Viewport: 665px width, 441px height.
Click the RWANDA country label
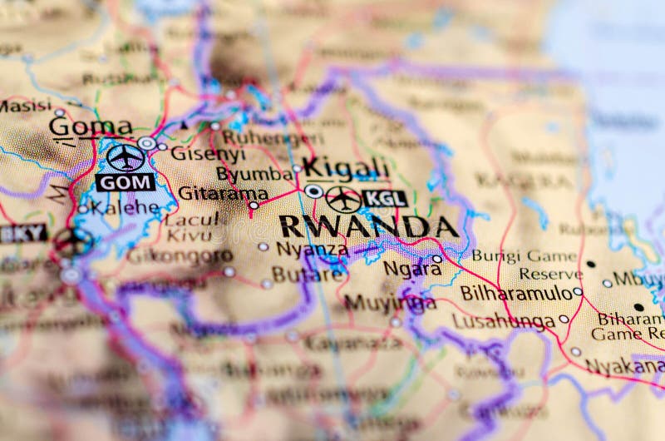[x=368, y=226]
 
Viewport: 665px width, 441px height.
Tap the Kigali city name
[x=345, y=167]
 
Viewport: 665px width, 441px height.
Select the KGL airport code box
[x=385, y=199]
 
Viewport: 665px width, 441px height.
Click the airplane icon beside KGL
[x=343, y=199]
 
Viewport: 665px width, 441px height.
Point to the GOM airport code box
[x=126, y=182]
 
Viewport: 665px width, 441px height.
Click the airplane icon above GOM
[x=126, y=156]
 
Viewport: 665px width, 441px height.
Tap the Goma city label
[x=90, y=127]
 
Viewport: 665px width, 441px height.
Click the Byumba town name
[x=254, y=174]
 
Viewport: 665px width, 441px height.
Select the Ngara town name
[x=412, y=268]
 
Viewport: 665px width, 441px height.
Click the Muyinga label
[x=390, y=303]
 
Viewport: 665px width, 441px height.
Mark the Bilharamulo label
[x=516, y=293]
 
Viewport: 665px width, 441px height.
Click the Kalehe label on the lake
[x=125, y=207]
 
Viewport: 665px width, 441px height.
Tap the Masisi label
[x=25, y=106]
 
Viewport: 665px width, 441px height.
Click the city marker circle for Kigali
[x=313, y=191]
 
